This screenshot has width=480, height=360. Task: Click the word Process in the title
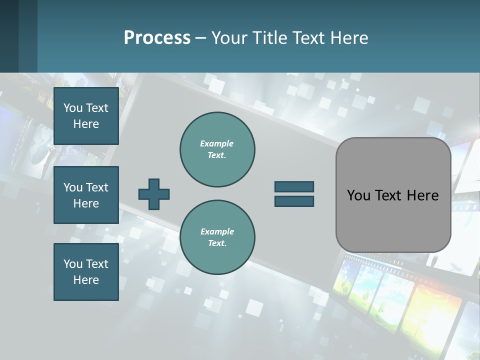pos(157,38)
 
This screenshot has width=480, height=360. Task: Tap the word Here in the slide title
pos(349,38)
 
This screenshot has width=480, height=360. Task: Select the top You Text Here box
pos(86,116)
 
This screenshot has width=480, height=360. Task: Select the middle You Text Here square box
pos(86,195)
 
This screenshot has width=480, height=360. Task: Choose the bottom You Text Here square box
pos(86,271)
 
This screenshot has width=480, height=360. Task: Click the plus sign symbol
pos(154,194)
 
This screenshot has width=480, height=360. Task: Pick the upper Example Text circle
pos(217,149)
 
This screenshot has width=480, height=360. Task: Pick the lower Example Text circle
pos(217,237)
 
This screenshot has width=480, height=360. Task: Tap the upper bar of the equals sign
pos(294,186)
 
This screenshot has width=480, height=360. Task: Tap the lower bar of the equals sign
pos(294,201)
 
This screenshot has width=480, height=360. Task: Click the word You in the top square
pos(73,108)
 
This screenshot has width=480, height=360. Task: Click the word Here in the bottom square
pos(86,280)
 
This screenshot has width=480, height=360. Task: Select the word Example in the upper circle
pos(217,143)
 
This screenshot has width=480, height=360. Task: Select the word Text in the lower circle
pos(217,243)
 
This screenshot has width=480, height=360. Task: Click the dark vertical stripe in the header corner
pos(28,36)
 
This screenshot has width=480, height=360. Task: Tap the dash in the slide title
pos(201,38)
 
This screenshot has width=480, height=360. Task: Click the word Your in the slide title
pos(230,38)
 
